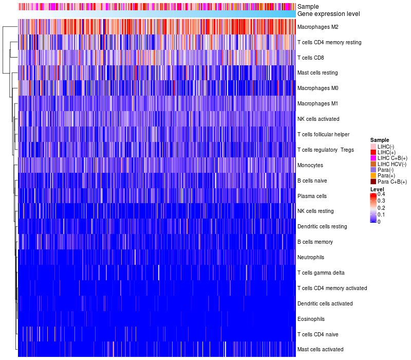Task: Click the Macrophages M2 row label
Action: [x=317, y=27]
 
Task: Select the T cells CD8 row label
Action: [x=311, y=58]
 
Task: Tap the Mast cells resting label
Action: [x=317, y=73]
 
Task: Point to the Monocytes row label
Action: [x=310, y=165]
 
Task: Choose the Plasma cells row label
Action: [x=312, y=196]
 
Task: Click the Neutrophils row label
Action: [x=311, y=258]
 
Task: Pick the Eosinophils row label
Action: [x=311, y=319]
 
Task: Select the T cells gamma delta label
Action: [x=321, y=273]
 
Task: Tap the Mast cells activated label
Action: [x=320, y=350]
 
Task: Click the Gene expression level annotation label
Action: [x=329, y=14]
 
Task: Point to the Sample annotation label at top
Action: [x=308, y=7]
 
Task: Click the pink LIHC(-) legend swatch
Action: [x=373, y=147]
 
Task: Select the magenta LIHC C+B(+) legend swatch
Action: [x=373, y=158]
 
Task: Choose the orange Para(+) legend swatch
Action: [x=373, y=175]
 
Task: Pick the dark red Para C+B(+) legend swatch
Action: [x=373, y=182]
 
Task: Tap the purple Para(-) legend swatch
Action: [x=373, y=170]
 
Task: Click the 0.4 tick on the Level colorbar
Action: [x=381, y=194]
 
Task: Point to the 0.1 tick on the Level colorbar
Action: [x=381, y=214]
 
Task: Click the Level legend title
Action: [x=377, y=189]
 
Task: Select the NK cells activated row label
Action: [x=318, y=119]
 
